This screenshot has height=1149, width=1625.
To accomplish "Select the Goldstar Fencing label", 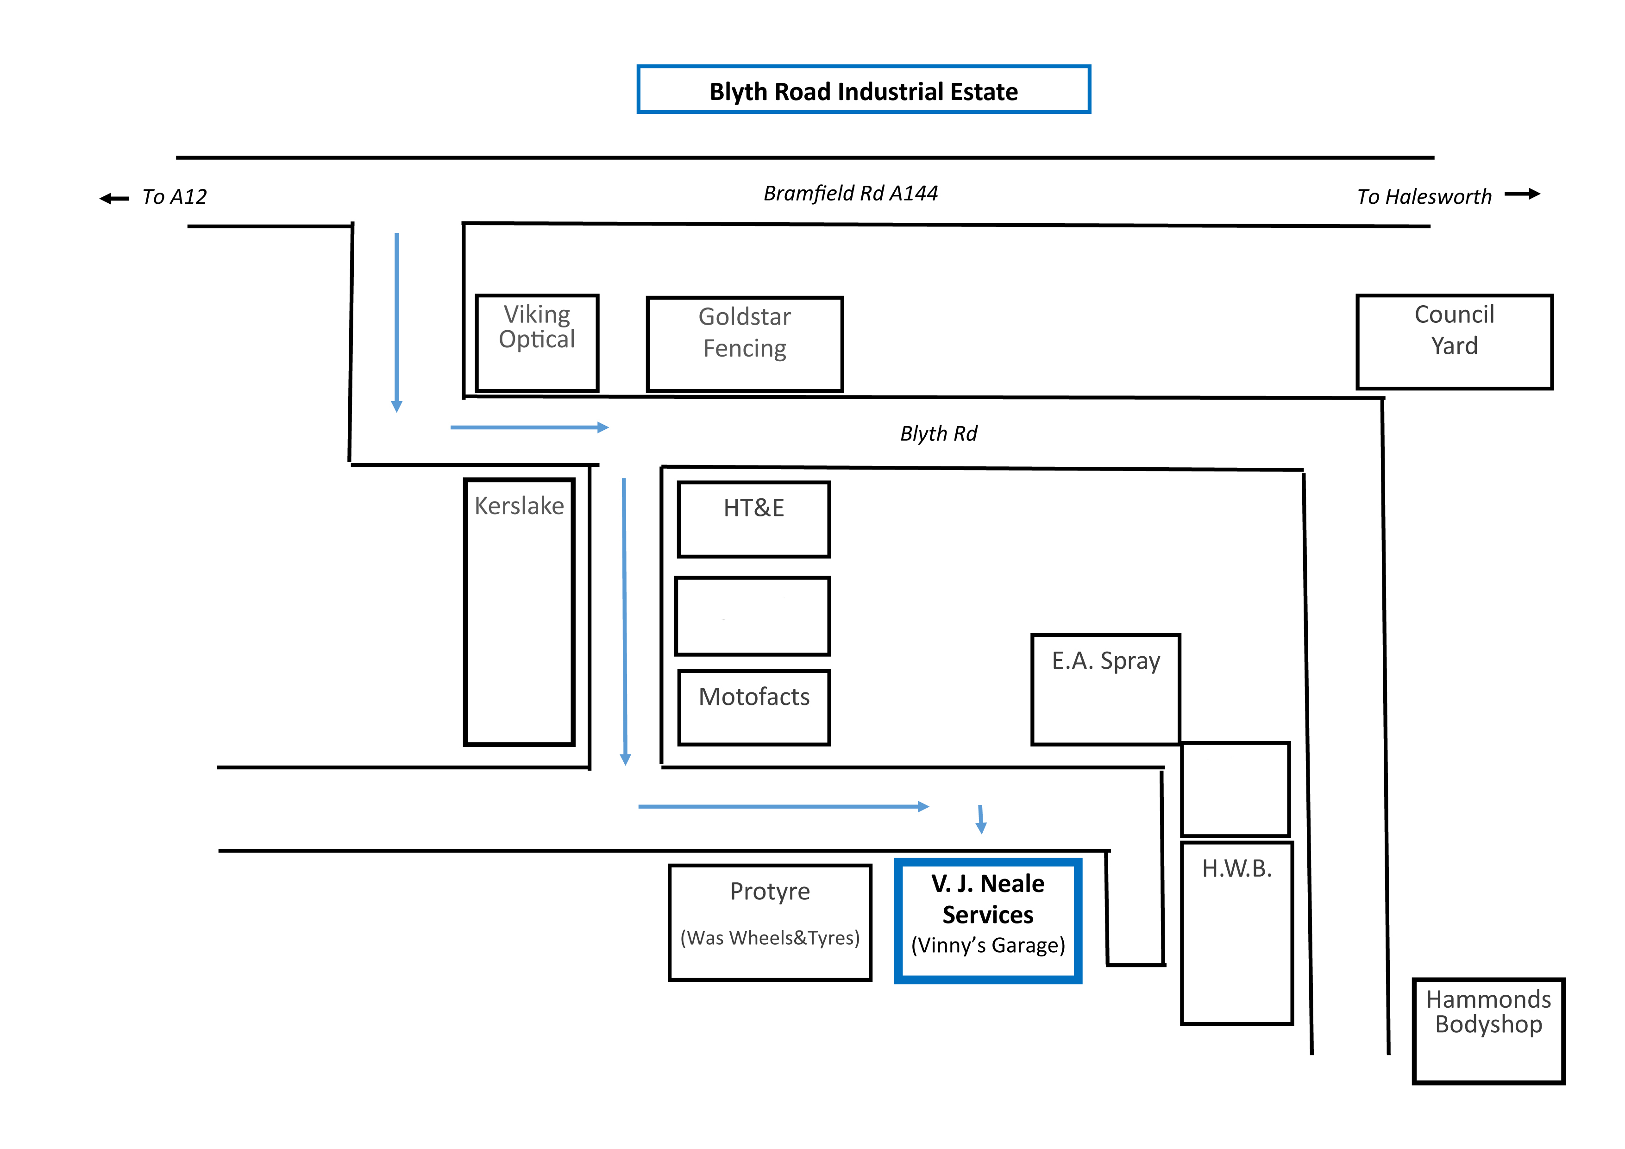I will pos(745,332).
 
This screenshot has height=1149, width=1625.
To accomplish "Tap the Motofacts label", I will pos(754,697).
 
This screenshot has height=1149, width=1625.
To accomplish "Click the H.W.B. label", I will pos(1236,869).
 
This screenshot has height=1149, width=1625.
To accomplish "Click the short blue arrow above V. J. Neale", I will pos(981,819).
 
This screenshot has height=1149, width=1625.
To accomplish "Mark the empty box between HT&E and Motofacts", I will pos(753,616).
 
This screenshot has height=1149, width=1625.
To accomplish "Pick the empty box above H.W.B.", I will pos(1235,789).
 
